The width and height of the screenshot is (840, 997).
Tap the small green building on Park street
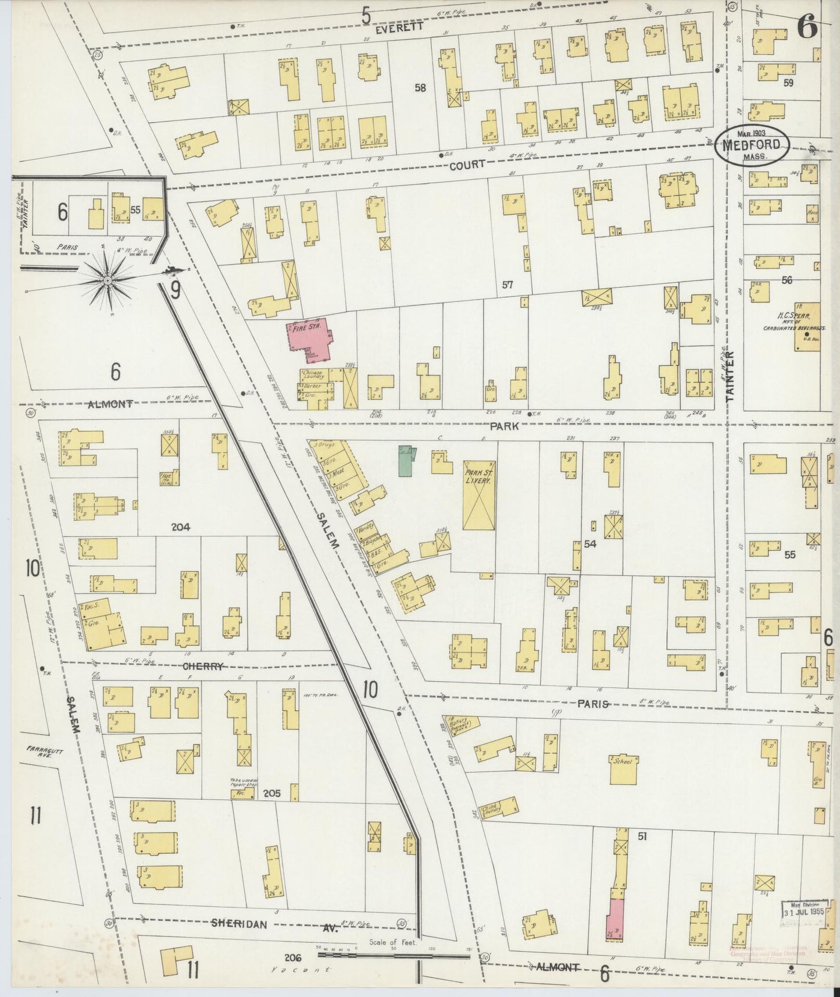(x=406, y=460)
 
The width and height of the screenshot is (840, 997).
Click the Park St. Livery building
(x=479, y=494)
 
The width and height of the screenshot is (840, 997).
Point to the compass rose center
(x=108, y=280)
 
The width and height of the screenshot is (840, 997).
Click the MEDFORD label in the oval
(x=752, y=147)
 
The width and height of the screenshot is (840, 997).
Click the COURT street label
(x=467, y=165)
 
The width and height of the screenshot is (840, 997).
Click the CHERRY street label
(x=203, y=667)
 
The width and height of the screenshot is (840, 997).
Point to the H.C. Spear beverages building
(x=807, y=327)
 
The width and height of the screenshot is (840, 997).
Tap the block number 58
(x=420, y=88)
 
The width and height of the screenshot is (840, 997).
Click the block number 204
(x=181, y=526)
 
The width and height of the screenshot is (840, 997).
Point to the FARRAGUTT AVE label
(x=40, y=750)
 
